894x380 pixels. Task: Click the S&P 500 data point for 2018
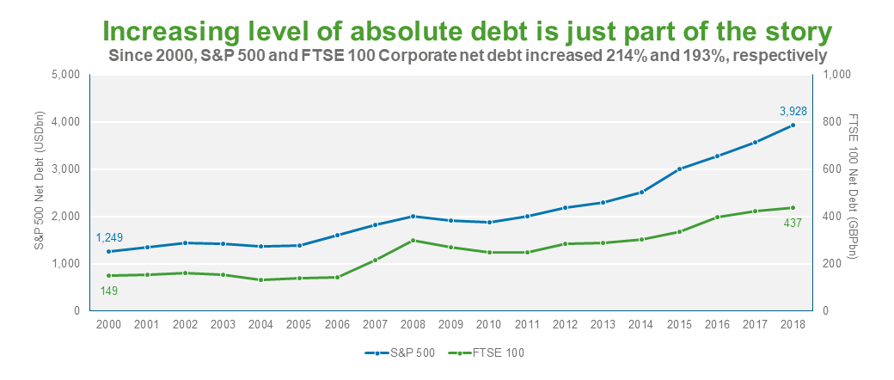click(793, 125)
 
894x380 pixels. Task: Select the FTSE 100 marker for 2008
click(413, 240)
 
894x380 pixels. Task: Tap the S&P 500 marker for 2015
click(679, 169)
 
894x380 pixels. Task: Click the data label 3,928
click(793, 110)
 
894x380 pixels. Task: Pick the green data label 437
click(793, 223)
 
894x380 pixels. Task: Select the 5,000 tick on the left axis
click(65, 75)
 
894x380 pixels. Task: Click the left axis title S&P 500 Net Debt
click(39, 193)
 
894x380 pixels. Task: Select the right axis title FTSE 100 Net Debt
click(854, 193)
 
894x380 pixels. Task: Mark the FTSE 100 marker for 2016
click(717, 217)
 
